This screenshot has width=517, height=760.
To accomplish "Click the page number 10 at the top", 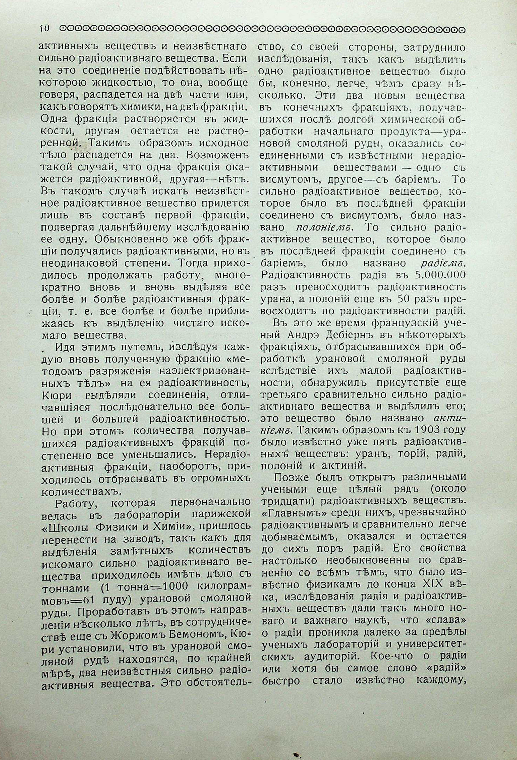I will (44, 29).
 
